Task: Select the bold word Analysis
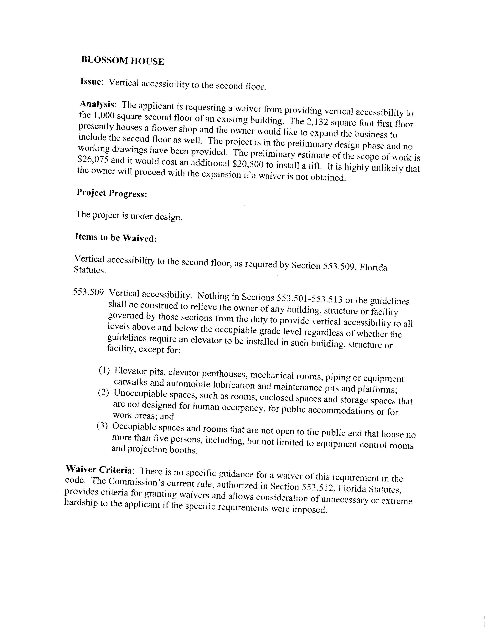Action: (97, 104)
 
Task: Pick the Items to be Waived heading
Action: (116, 237)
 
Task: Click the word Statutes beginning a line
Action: (89, 270)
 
